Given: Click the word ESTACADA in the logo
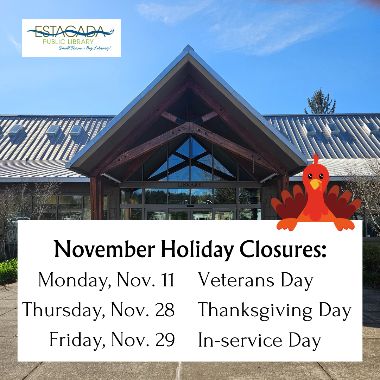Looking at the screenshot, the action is pos(70,32).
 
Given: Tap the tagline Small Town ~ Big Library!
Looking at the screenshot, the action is pos(84,48).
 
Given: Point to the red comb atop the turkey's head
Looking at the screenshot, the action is pos(316,158).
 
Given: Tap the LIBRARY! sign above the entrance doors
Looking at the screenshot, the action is pos(190,185).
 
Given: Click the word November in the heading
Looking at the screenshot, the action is pos(105,249).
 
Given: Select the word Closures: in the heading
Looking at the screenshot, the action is pos(283,249).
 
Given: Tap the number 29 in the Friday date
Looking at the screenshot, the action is pos(165,340).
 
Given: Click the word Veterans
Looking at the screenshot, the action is pos(236,280).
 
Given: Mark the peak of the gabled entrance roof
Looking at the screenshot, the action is pos(188,45).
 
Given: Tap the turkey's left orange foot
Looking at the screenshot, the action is pos(287,224).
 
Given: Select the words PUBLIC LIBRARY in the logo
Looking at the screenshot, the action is pos(68,42).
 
